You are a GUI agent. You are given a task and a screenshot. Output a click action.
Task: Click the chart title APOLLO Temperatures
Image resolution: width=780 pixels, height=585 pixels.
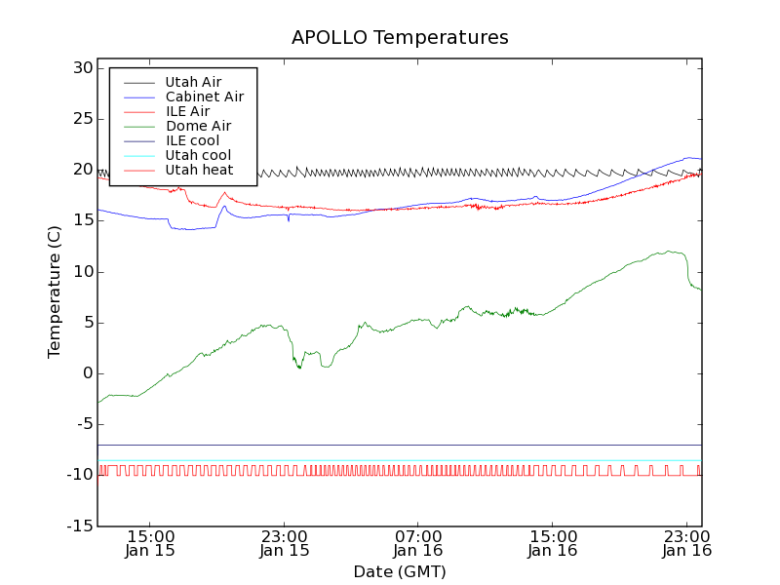[400, 38]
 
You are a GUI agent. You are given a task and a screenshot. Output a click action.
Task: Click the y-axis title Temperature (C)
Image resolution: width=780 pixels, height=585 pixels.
[56, 292]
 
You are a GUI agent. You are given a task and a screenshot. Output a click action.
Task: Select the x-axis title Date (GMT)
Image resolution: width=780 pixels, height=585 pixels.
[400, 571]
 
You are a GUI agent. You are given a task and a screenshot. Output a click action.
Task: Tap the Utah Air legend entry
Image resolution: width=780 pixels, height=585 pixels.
[193, 82]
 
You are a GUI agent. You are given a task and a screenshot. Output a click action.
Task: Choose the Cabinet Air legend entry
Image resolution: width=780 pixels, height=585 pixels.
[204, 97]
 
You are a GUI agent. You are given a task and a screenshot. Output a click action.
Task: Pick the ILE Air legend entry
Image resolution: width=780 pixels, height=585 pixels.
[187, 111]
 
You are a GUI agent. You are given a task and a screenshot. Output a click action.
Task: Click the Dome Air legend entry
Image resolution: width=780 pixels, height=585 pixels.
[198, 126]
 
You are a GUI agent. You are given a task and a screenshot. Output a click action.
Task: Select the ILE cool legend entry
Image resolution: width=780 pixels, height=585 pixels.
[192, 140]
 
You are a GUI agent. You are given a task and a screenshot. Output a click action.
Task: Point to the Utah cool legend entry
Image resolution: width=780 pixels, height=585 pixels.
[198, 155]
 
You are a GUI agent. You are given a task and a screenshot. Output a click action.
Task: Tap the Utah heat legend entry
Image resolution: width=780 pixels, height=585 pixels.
[199, 170]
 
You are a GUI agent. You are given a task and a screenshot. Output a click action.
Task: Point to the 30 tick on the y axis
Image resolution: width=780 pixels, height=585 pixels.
[81, 68]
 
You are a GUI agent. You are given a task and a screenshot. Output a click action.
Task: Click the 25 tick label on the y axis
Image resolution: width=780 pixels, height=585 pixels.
[81, 119]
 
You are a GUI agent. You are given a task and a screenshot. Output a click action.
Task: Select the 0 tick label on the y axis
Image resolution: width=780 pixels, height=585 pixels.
[87, 373]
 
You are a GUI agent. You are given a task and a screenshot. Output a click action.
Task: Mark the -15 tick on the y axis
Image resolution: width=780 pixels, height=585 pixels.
[78, 526]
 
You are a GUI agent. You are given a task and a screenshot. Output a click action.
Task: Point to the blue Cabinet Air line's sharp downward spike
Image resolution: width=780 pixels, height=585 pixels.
[288, 221]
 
